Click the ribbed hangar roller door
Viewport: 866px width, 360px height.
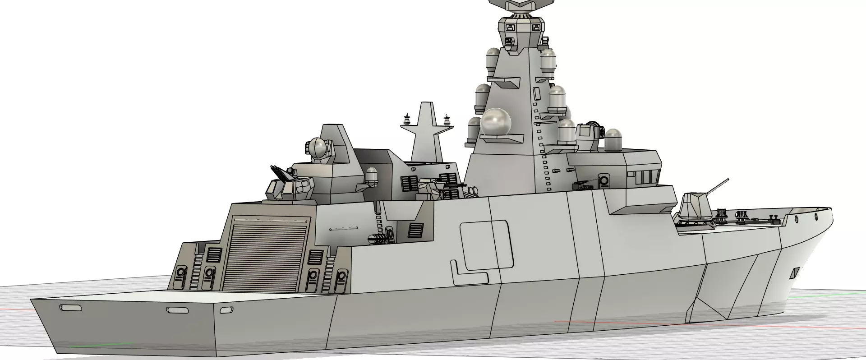[266, 255]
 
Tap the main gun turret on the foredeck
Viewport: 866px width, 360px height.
[695, 207]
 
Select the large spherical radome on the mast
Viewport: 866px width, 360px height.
[497, 122]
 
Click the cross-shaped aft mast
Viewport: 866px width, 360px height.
[427, 130]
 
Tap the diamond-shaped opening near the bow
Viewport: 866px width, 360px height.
[795, 273]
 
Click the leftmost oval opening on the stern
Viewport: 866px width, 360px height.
[70, 307]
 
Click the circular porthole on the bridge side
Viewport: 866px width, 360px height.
[604, 181]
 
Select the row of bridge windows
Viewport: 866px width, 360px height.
[645, 177]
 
